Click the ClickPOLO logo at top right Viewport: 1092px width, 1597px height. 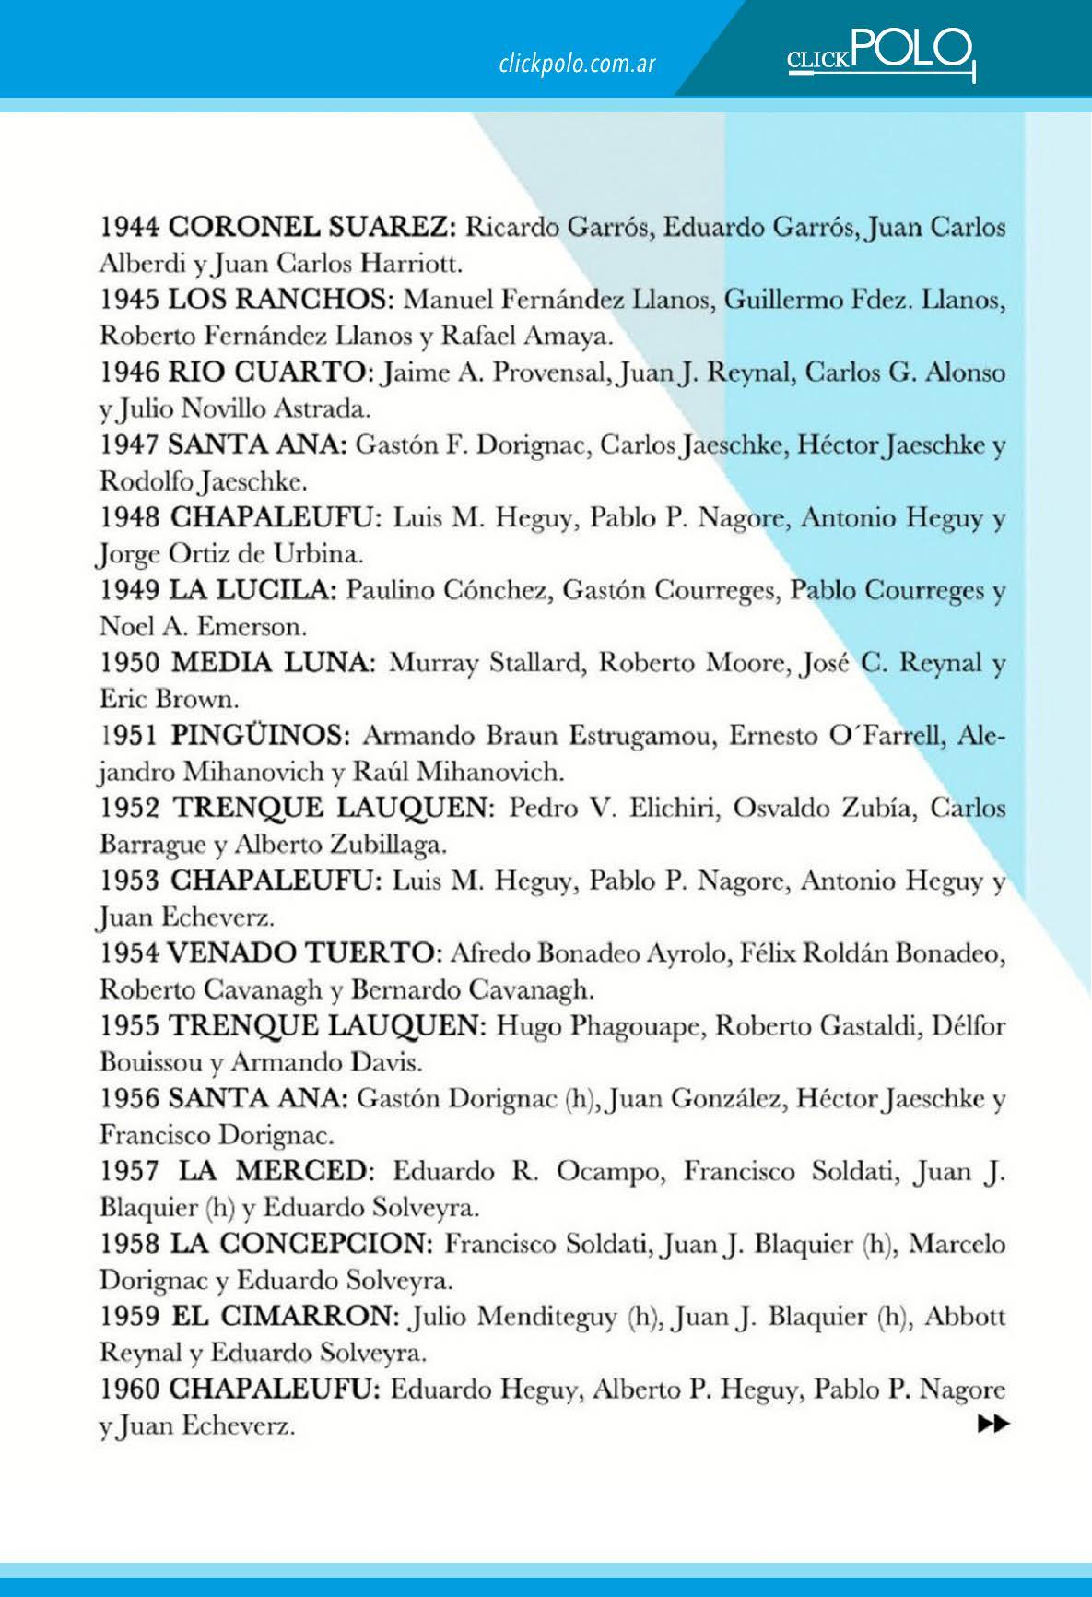click(x=880, y=53)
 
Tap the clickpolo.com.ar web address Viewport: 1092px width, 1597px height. click(x=577, y=64)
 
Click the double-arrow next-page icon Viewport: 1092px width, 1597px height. click(x=992, y=1425)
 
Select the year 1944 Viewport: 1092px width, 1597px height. click(x=130, y=227)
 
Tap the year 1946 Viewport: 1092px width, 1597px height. click(x=130, y=373)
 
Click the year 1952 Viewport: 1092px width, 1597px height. click(x=130, y=808)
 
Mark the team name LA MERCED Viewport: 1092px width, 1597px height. click(x=274, y=1172)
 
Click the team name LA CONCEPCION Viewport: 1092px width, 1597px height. click(x=301, y=1244)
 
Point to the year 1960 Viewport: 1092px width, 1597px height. click(x=130, y=1390)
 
